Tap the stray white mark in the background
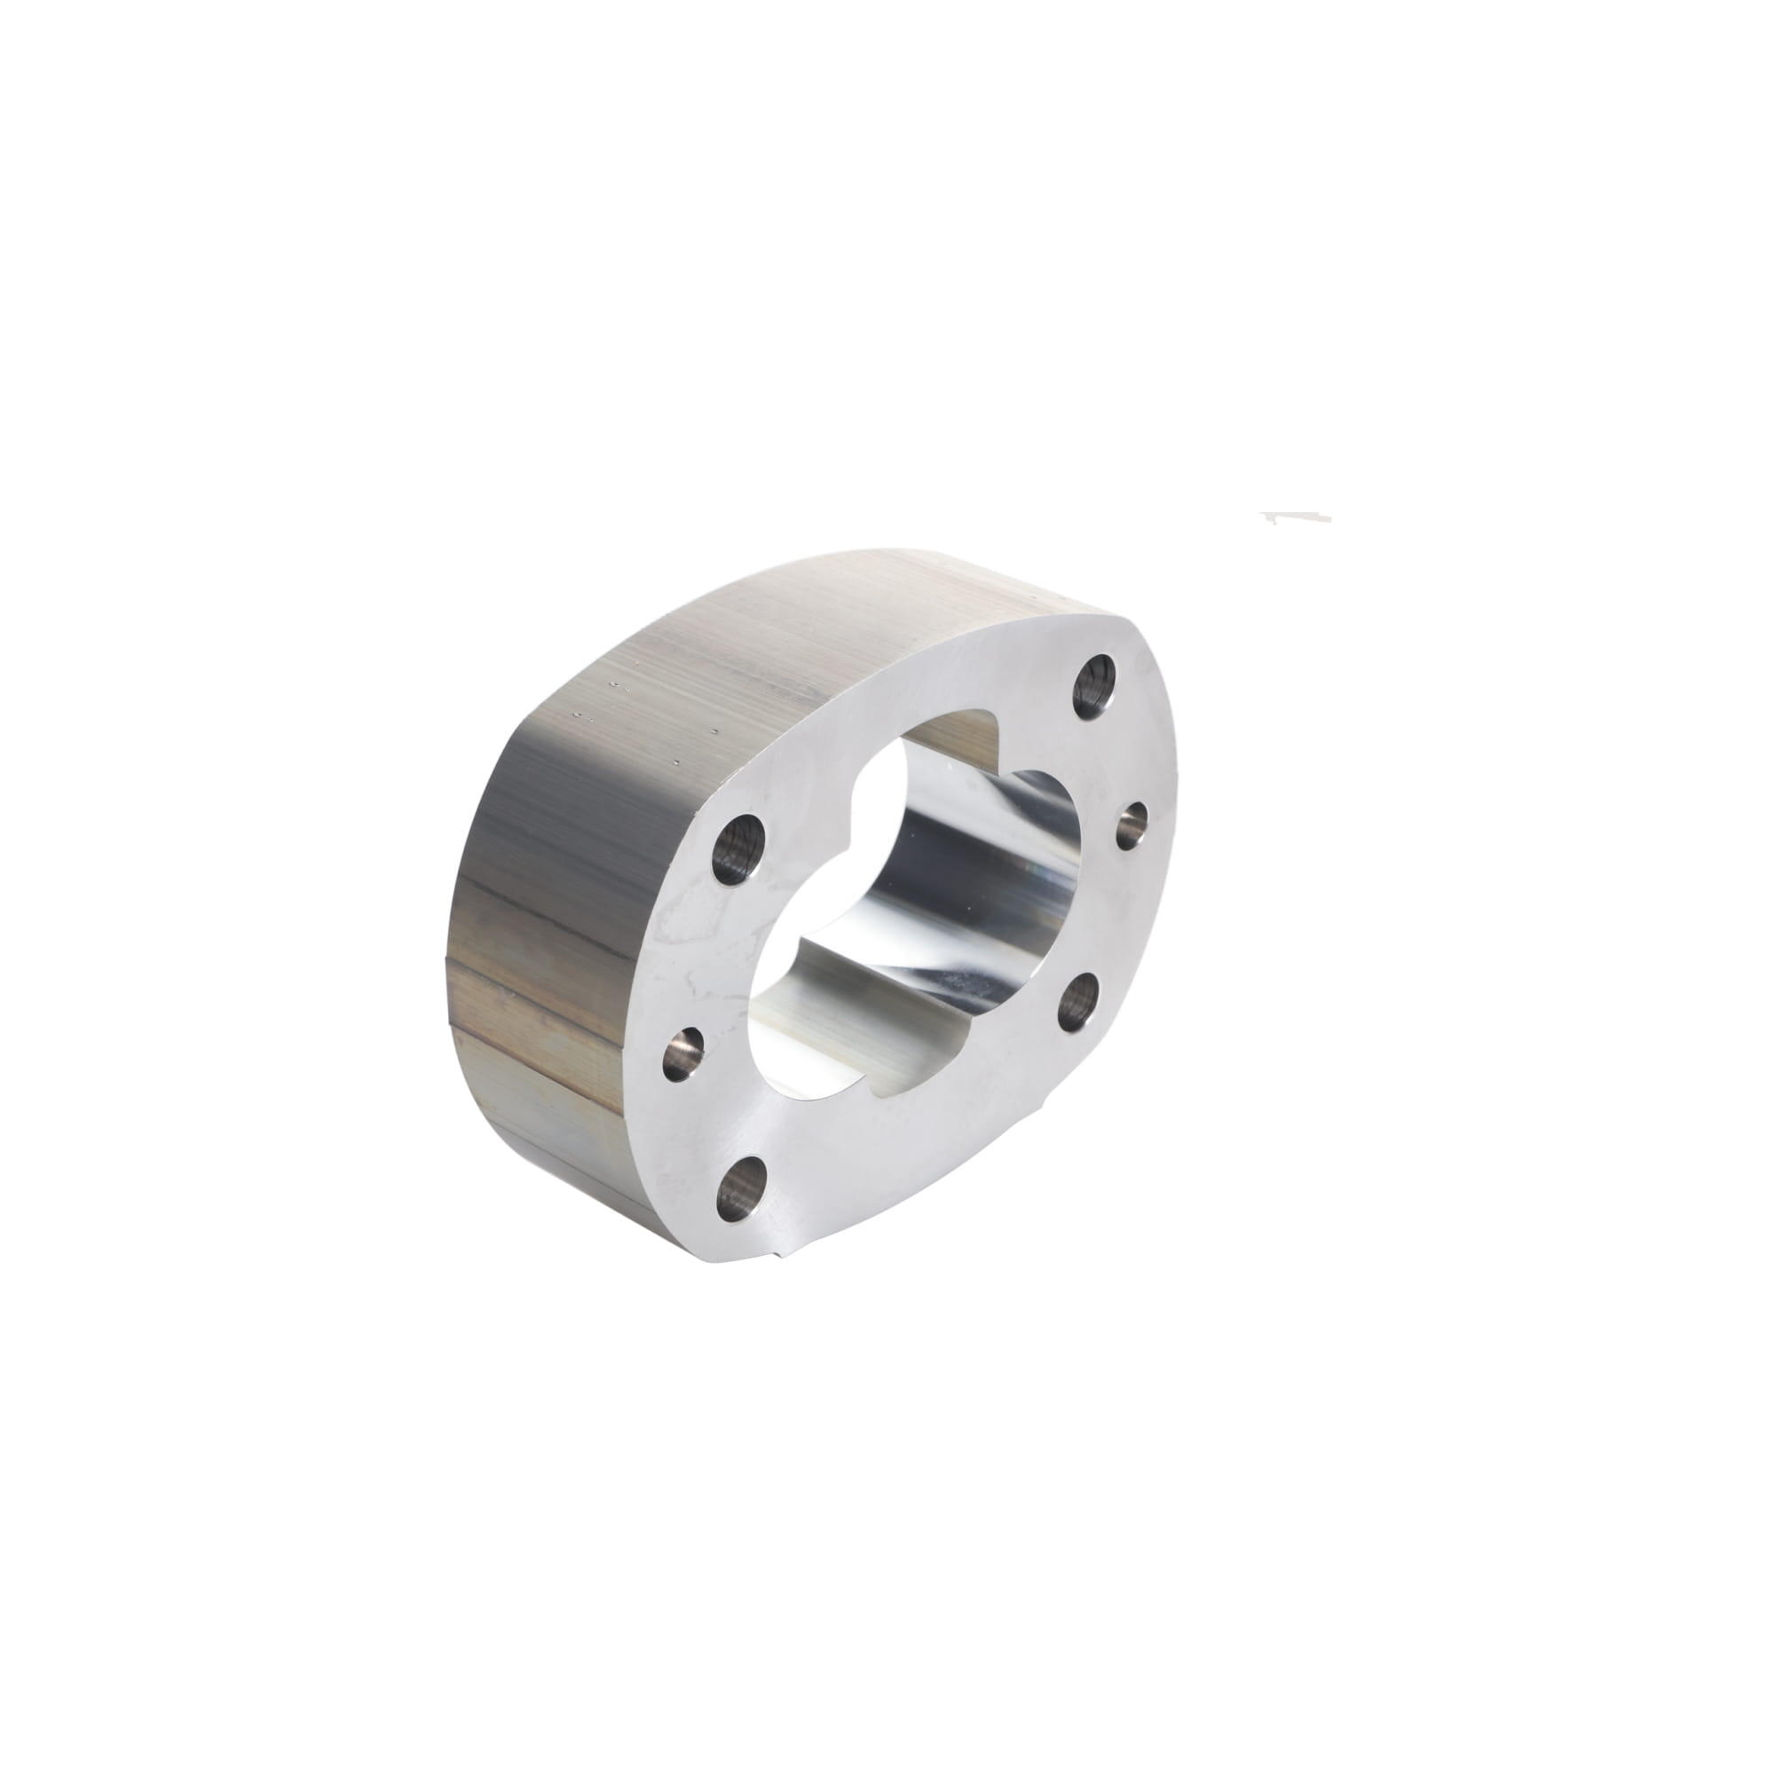tap(1296, 517)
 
